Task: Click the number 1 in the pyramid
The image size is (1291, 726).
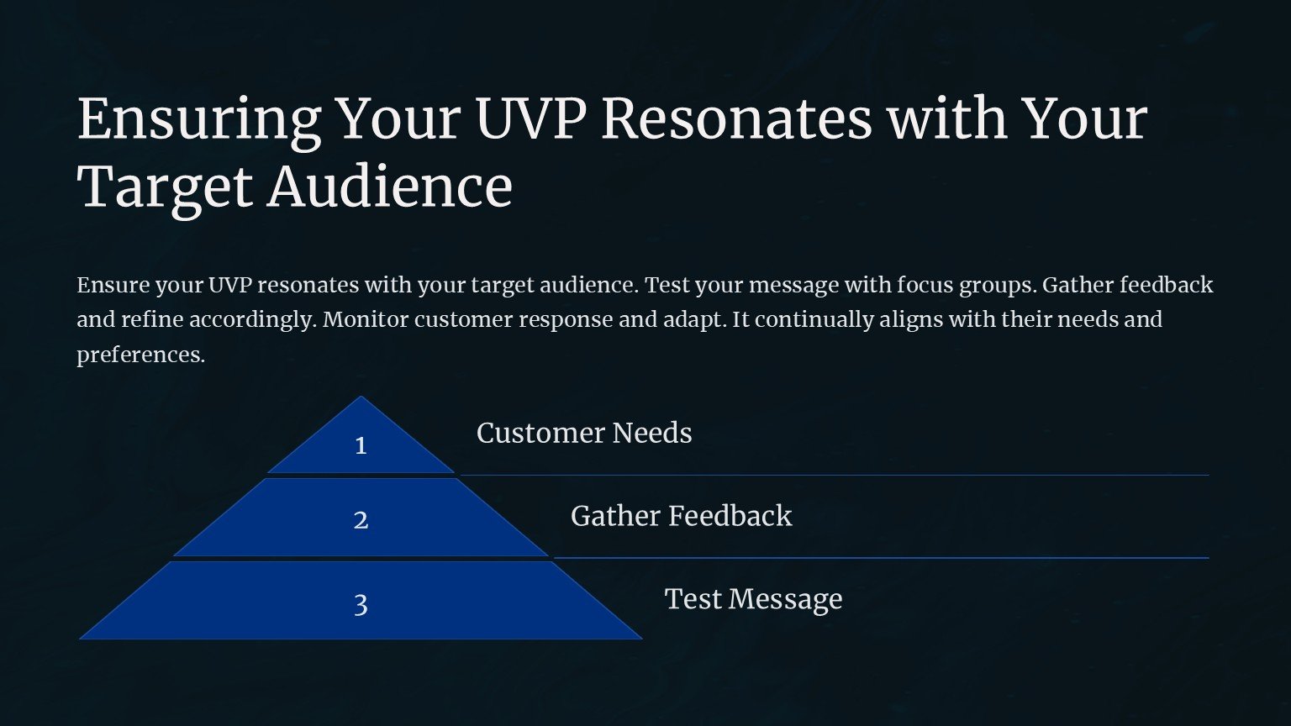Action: coord(361,445)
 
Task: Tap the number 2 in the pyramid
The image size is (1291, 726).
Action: coord(361,520)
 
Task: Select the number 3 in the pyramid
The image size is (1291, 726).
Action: coord(361,605)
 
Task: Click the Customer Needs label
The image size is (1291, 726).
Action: coord(584,433)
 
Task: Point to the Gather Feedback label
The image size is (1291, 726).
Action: coord(682,516)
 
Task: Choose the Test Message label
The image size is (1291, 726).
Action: coord(753,599)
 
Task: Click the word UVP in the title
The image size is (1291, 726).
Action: coord(531,118)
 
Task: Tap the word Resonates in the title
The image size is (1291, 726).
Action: coord(736,118)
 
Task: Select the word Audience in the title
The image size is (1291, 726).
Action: coord(390,187)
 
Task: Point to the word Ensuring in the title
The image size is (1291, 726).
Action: coord(199,122)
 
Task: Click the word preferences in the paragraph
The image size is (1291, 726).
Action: coord(140,355)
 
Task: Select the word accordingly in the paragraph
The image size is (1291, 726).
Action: coord(253,320)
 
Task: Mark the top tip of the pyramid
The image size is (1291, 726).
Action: coord(361,396)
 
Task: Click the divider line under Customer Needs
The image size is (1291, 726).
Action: coord(835,476)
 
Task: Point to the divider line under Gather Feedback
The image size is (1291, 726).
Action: coord(881,558)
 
